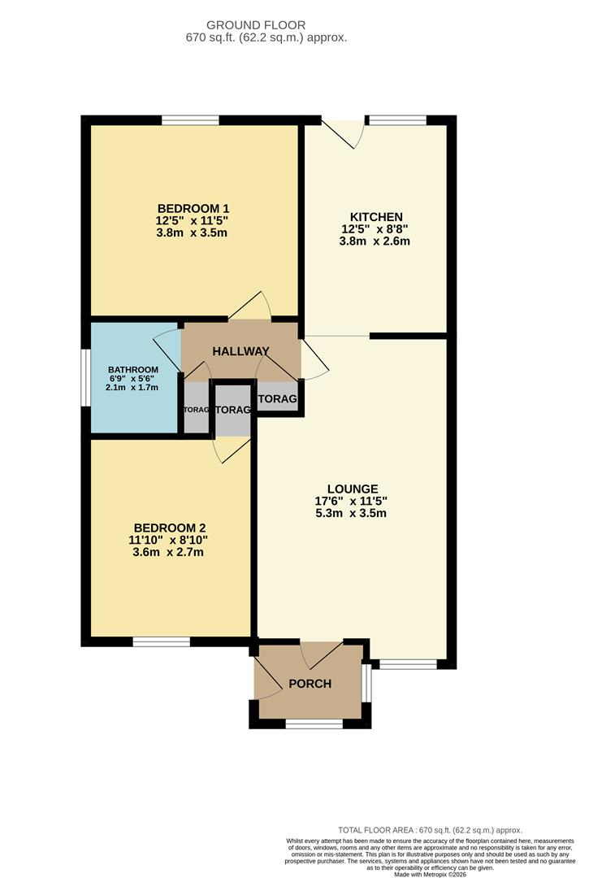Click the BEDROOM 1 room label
click(193, 207)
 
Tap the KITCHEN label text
click(376, 216)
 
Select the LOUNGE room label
click(352, 488)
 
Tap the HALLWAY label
click(240, 351)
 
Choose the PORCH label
click(310, 684)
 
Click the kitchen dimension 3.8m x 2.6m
click(376, 241)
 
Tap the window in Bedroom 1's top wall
click(190, 121)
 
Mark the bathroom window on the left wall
click(86, 377)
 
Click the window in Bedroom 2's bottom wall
click(162, 641)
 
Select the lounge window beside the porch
click(408, 664)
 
